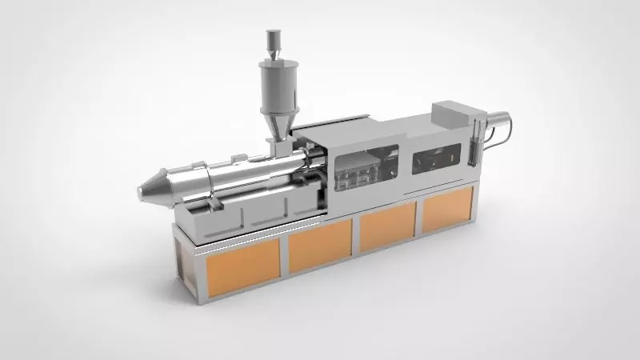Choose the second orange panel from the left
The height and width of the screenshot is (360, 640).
pos(319,245)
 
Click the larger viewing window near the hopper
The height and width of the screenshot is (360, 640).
pos(367,168)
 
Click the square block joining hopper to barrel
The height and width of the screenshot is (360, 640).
pos(280,146)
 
